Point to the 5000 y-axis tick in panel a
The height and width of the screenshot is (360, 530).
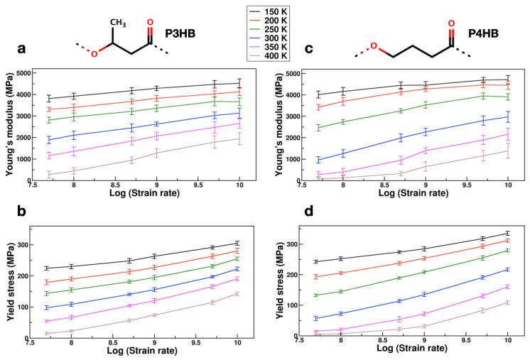click(x=37, y=73)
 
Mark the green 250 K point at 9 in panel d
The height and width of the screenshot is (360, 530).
click(x=425, y=272)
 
